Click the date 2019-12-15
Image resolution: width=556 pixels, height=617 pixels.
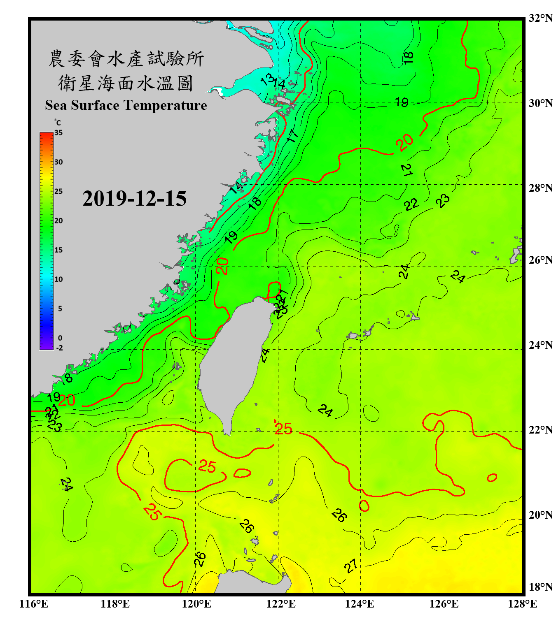coord(134,199)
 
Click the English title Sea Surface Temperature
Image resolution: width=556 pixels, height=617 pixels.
coord(126,105)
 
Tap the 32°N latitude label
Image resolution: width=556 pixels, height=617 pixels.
coord(540,18)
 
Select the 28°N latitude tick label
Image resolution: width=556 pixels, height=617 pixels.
coord(540,188)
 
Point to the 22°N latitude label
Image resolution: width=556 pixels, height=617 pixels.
coord(540,430)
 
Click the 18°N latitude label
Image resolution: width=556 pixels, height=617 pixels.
coord(540,587)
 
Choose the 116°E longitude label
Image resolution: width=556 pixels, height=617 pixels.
coord(34,604)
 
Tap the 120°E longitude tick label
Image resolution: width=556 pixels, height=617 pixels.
coord(196,604)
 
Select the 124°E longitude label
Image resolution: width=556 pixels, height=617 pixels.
coord(360,604)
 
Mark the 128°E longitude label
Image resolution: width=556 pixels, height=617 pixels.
coord(522,604)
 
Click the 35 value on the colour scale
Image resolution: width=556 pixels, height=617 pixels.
coord(58,133)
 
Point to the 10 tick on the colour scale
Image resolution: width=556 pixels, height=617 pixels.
coord(58,280)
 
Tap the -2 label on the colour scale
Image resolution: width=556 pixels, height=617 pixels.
coord(59,348)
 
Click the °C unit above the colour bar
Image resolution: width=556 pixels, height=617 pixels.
coord(58,123)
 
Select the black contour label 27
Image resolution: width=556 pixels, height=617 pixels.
coord(351,566)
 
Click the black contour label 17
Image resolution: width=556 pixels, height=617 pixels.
coord(292,136)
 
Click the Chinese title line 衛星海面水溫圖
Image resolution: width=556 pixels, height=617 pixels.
coord(126,84)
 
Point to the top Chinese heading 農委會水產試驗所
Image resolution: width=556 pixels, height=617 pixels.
coord(126,59)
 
